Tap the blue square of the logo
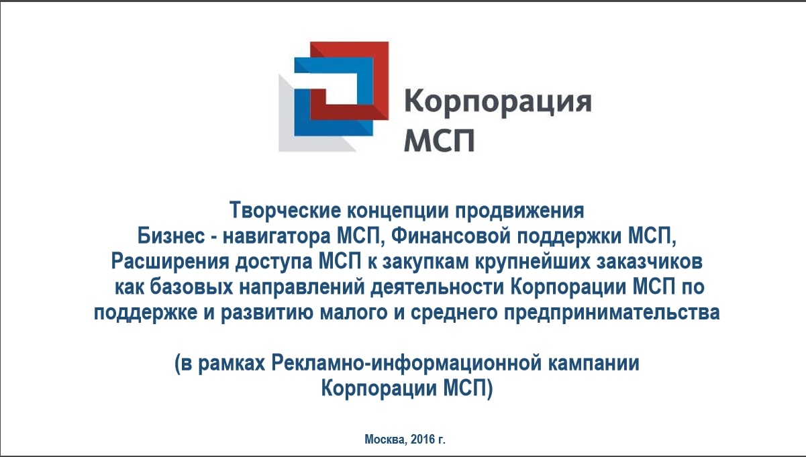(x=301, y=108)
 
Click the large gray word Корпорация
(x=498, y=102)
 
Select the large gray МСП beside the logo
(x=440, y=140)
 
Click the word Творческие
(x=285, y=210)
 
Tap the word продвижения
(x=519, y=211)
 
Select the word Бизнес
(x=171, y=236)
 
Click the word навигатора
(x=276, y=236)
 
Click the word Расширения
(x=170, y=262)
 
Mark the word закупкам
(x=425, y=262)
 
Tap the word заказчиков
(x=650, y=262)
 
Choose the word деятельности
(x=437, y=287)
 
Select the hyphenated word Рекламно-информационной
(x=406, y=364)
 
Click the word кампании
(x=594, y=364)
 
